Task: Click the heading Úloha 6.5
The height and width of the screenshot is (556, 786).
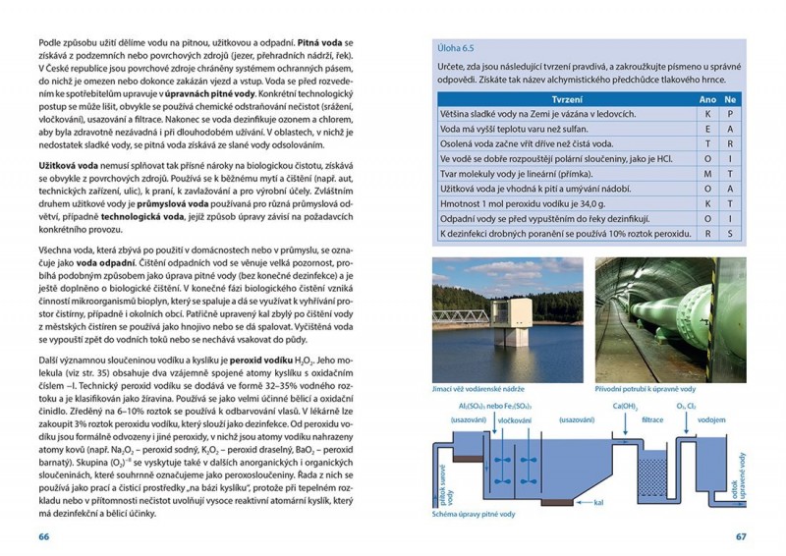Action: click(x=441, y=45)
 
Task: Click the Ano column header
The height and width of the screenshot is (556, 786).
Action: click(x=707, y=100)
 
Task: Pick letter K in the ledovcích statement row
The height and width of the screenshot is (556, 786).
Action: click(x=707, y=114)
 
